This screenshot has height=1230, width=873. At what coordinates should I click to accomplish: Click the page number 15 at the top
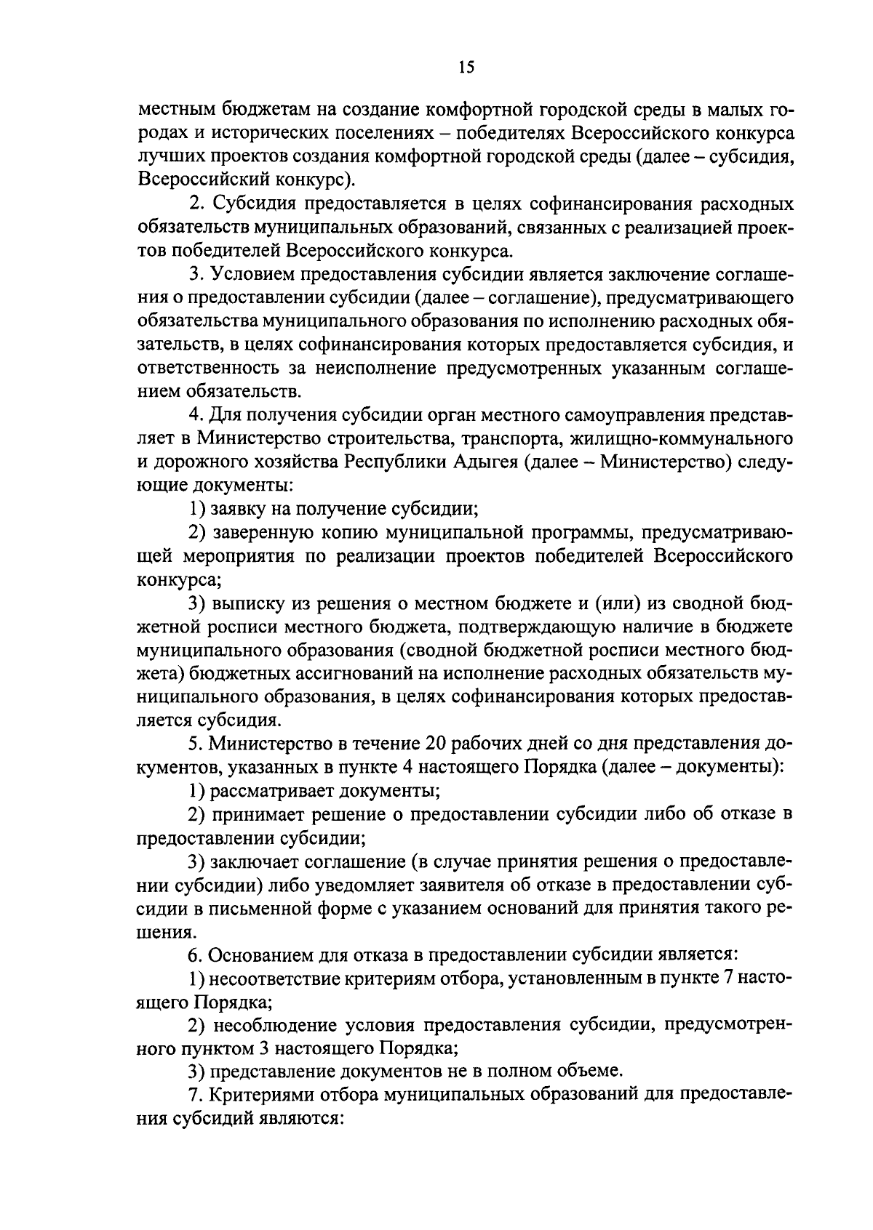466,68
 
